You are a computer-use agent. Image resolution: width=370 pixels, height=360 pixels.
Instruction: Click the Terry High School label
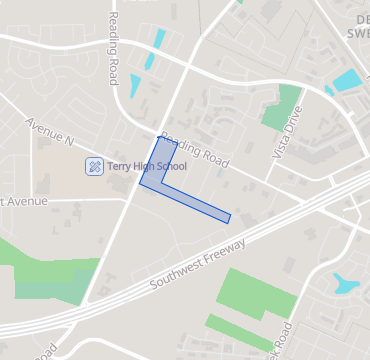(147, 165)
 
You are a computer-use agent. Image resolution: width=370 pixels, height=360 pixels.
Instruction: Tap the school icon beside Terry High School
(95, 165)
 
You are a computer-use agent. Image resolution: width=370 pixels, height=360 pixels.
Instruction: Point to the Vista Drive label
(286, 136)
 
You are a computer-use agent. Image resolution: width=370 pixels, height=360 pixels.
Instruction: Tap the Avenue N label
(50, 133)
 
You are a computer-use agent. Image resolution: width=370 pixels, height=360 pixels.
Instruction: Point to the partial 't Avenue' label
(23, 201)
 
